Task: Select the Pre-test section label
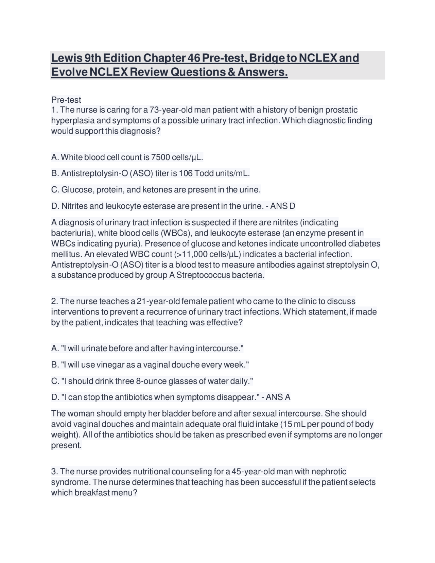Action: click(x=66, y=100)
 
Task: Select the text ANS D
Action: click(x=283, y=206)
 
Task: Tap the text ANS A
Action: click(x=278, y=397)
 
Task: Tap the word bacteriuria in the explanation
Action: click(x=71, y=233)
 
